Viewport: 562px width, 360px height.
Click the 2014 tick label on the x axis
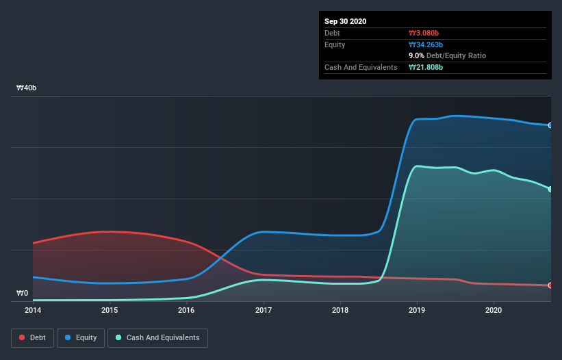(33, 310)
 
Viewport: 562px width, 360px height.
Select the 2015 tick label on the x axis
(110, 310)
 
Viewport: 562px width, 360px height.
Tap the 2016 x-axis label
(186, 310)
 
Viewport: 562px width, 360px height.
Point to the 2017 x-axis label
(263, 310)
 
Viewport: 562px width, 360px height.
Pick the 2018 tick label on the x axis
(340, 310)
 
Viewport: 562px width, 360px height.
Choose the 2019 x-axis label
(417, 310)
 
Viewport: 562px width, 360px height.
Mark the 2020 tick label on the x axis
(494, 310)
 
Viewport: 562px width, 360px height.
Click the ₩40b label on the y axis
(27, 88)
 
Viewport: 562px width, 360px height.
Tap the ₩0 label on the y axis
(23, 294)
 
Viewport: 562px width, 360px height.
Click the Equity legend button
(81, 337)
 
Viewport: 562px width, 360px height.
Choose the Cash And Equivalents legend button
(157, 337)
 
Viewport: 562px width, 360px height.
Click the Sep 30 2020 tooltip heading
(346, 21)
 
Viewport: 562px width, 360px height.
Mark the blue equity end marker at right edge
(550, 125)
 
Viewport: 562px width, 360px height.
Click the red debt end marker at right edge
(550, 285)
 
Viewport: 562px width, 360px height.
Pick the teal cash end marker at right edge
(550, 189)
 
